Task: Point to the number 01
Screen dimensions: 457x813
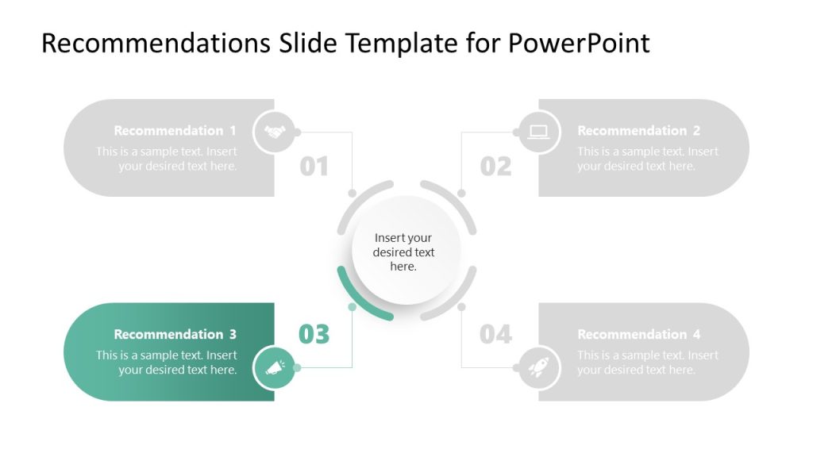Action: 314,167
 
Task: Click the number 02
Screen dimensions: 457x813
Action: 495,167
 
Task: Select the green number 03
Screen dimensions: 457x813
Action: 314,335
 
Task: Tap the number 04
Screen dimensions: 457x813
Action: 495,335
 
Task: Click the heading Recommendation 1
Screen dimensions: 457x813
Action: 175,131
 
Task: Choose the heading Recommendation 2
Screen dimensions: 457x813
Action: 638,131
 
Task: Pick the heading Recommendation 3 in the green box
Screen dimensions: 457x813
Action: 175,335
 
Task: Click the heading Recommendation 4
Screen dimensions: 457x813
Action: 638,335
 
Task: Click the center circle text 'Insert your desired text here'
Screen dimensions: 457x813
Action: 403,252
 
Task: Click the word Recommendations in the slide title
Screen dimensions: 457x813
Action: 156,43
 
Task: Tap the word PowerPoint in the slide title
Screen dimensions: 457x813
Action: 579,43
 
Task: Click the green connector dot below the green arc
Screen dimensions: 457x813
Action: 352,306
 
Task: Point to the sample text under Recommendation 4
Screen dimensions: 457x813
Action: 647,363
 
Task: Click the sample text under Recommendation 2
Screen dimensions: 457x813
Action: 647,159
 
